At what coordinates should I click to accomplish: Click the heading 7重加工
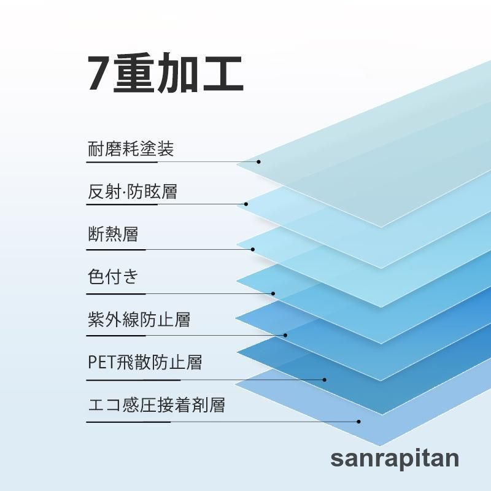165,73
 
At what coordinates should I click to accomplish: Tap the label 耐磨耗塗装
131,149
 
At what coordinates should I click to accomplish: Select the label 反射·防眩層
133,191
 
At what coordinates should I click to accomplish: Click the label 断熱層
113,234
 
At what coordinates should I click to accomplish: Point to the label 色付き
113,277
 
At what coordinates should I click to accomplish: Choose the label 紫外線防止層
139,319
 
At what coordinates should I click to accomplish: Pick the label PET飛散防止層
145,362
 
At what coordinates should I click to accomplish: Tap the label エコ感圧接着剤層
157,405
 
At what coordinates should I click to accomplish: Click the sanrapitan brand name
395,458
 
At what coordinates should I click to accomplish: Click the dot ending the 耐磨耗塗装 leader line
258,162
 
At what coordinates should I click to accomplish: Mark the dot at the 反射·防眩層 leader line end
246,204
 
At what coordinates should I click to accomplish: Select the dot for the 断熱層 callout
253,250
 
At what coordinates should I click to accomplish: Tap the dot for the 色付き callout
273,294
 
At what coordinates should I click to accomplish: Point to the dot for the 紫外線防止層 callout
285,335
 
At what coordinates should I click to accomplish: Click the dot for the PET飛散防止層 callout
325,380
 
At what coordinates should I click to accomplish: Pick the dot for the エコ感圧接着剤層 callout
359,422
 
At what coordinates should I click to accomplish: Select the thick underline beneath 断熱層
116,250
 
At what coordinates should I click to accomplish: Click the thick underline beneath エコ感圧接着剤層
128,422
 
